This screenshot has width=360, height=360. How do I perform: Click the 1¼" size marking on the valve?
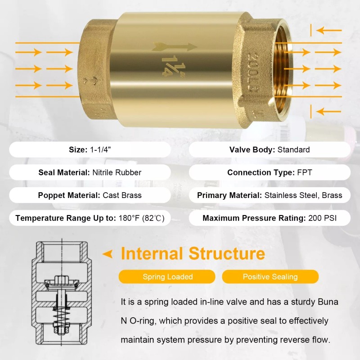(169, 64)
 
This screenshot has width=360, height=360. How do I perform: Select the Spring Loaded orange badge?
(167, 277)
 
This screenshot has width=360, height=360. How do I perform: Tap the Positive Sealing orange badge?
(270, 277)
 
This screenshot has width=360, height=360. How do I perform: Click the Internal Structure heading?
(193, 254)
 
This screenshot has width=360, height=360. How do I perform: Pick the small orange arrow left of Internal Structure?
(108, 254)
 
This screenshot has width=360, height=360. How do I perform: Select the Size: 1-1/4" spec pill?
(90, 150)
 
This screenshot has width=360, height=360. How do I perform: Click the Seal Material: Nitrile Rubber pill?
(90, 172)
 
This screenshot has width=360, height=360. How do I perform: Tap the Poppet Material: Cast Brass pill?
(90, 195)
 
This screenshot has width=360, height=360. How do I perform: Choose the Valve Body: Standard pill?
(270, 150)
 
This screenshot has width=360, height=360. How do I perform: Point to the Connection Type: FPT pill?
(270, 172)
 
